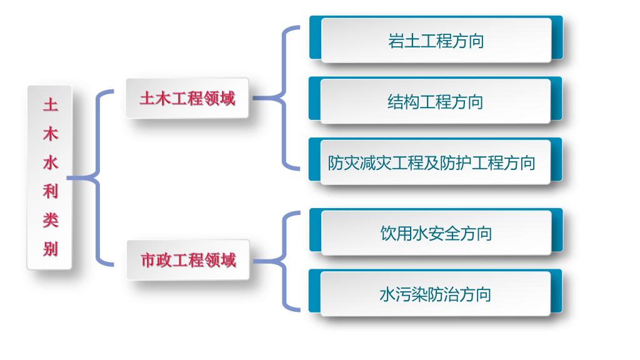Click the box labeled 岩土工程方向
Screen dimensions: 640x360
pos(436,40)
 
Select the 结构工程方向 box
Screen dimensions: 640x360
pos(435,101)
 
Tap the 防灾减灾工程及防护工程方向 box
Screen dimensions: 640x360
pos(435,162)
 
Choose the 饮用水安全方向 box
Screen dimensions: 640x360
pos(436,232)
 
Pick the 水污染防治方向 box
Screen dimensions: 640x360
pos(435,294)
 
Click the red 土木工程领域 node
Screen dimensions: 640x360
pos(187,98)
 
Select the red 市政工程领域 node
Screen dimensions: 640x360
pos(187,259)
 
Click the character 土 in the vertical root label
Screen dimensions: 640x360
pos(51,104)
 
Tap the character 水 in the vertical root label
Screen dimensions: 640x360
pos(51,162)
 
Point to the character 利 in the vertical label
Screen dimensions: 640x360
pos(51,191)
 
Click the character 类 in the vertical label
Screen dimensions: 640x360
pos(51,220)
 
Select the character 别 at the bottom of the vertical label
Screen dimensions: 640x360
pos(51,249)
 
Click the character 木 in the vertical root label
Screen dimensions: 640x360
pos(51,134)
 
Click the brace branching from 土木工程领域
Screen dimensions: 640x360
pos(282,98)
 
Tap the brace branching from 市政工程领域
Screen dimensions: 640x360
pos(282,261)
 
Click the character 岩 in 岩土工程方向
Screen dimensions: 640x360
pos(396,41)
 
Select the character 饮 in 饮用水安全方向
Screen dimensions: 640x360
pos(388,234)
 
